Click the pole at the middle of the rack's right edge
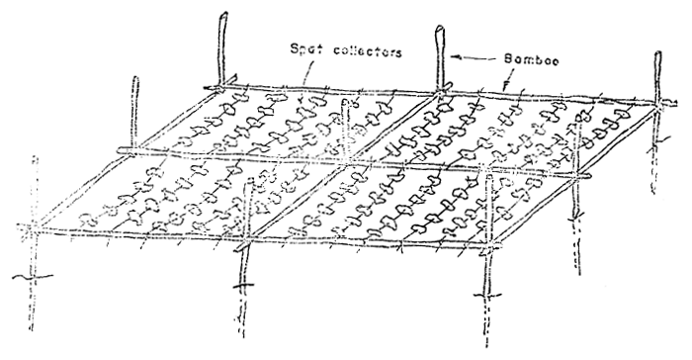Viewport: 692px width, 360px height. point(577,208)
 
